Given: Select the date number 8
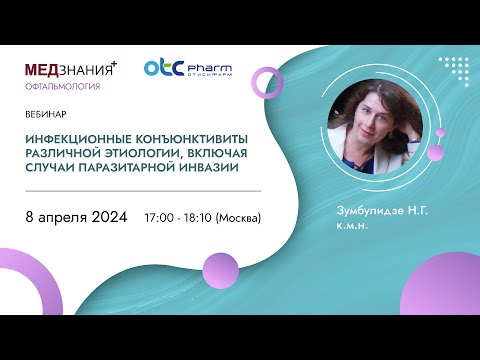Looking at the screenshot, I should tap(29, 216).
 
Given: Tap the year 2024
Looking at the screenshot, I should tap(110, 216).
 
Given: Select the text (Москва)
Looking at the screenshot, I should tap(240, 217).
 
